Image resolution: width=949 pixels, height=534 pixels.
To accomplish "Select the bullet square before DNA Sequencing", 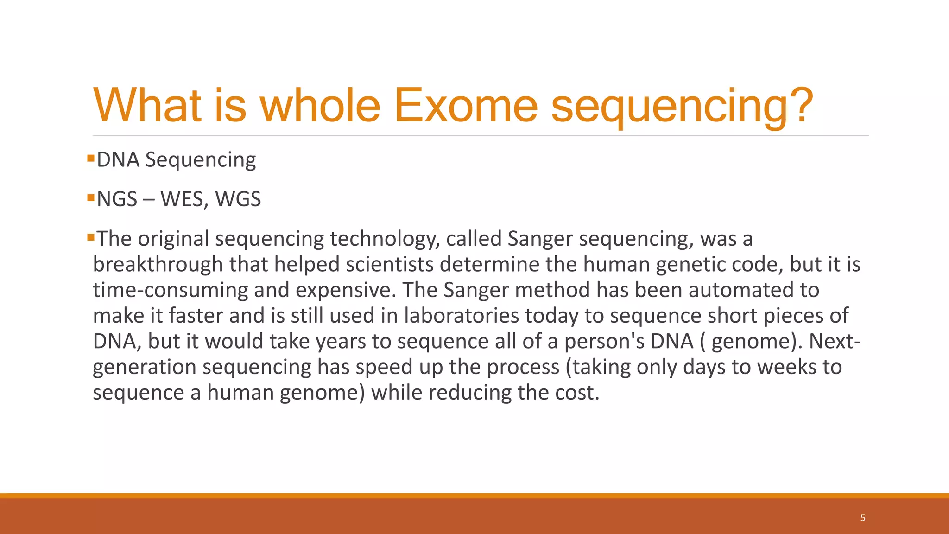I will (x=91, y=159).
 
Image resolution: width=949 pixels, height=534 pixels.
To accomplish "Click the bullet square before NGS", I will (x=91, y=198).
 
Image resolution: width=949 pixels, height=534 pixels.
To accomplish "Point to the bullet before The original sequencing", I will (x=91, y=238).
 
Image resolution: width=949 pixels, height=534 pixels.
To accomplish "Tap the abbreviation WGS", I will (x=238, y=199).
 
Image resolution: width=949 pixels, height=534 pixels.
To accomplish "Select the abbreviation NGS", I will (x=117, y=199).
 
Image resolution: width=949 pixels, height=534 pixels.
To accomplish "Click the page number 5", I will (x=863, y=518).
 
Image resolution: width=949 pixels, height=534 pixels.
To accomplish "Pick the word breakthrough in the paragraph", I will (x=158, y=265).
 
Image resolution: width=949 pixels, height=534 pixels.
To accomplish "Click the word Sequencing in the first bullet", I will (x=200, y=160).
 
